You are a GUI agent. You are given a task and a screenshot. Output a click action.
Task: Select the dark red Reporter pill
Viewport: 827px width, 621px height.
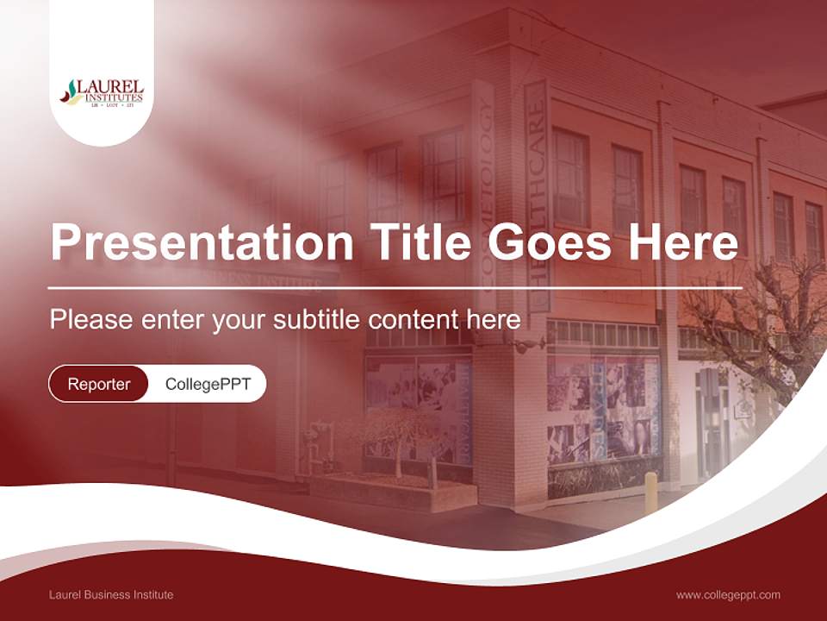click(x=98, y=384)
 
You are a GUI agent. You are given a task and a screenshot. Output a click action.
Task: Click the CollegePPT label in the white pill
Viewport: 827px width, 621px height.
click(x=208, y=384)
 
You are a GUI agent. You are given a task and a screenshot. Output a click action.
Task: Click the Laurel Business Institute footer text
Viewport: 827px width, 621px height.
click(x=111, y=595)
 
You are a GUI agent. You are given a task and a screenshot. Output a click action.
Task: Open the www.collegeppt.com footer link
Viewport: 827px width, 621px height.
click(x=728, y=595)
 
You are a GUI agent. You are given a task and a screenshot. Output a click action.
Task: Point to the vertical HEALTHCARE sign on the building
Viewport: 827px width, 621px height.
click(x=536, y=194)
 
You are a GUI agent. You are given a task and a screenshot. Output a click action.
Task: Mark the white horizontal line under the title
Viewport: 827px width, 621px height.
click(x=395, y=287)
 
